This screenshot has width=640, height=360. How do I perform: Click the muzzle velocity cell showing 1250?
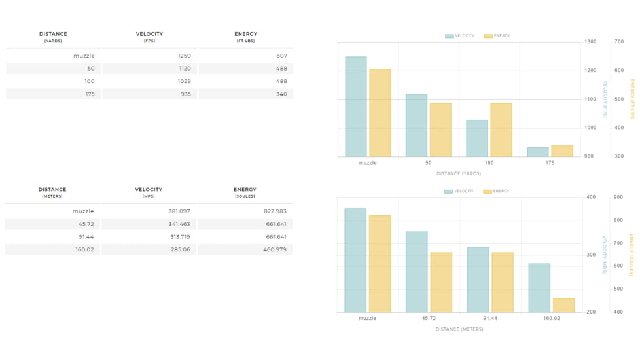click(184, 56)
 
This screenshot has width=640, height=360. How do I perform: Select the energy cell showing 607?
click(281, 56)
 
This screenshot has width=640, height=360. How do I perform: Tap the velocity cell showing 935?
click(186, 94)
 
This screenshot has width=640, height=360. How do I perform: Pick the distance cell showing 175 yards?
click(90, 94)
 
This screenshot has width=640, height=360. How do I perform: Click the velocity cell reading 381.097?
click(179, 211)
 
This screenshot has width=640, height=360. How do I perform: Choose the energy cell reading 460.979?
click(275, 250)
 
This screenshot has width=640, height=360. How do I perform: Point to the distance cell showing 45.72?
click(86, 224)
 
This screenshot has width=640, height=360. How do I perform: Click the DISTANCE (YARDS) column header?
click(53, 37)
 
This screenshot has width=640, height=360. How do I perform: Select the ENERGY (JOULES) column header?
click(245, 192)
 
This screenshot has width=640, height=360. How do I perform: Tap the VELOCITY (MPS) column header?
click(149, 192)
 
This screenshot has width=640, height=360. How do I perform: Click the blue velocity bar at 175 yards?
click(537, 152)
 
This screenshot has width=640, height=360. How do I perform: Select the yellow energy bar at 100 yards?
click(501, 130)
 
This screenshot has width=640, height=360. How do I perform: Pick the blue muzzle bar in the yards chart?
click(356, 107)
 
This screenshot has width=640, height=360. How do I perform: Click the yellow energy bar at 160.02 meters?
click(563, 305)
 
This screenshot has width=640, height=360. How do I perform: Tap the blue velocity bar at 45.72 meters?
click(417, 272)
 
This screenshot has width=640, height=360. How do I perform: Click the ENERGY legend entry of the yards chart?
click(497, 36)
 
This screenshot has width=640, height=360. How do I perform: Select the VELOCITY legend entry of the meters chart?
click(459, 191)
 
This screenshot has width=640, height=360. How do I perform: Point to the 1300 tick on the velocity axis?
click(590, 42)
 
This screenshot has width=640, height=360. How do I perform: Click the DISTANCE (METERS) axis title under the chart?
click(459, 329)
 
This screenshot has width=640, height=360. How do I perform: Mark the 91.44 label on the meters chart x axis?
click(490, 318)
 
